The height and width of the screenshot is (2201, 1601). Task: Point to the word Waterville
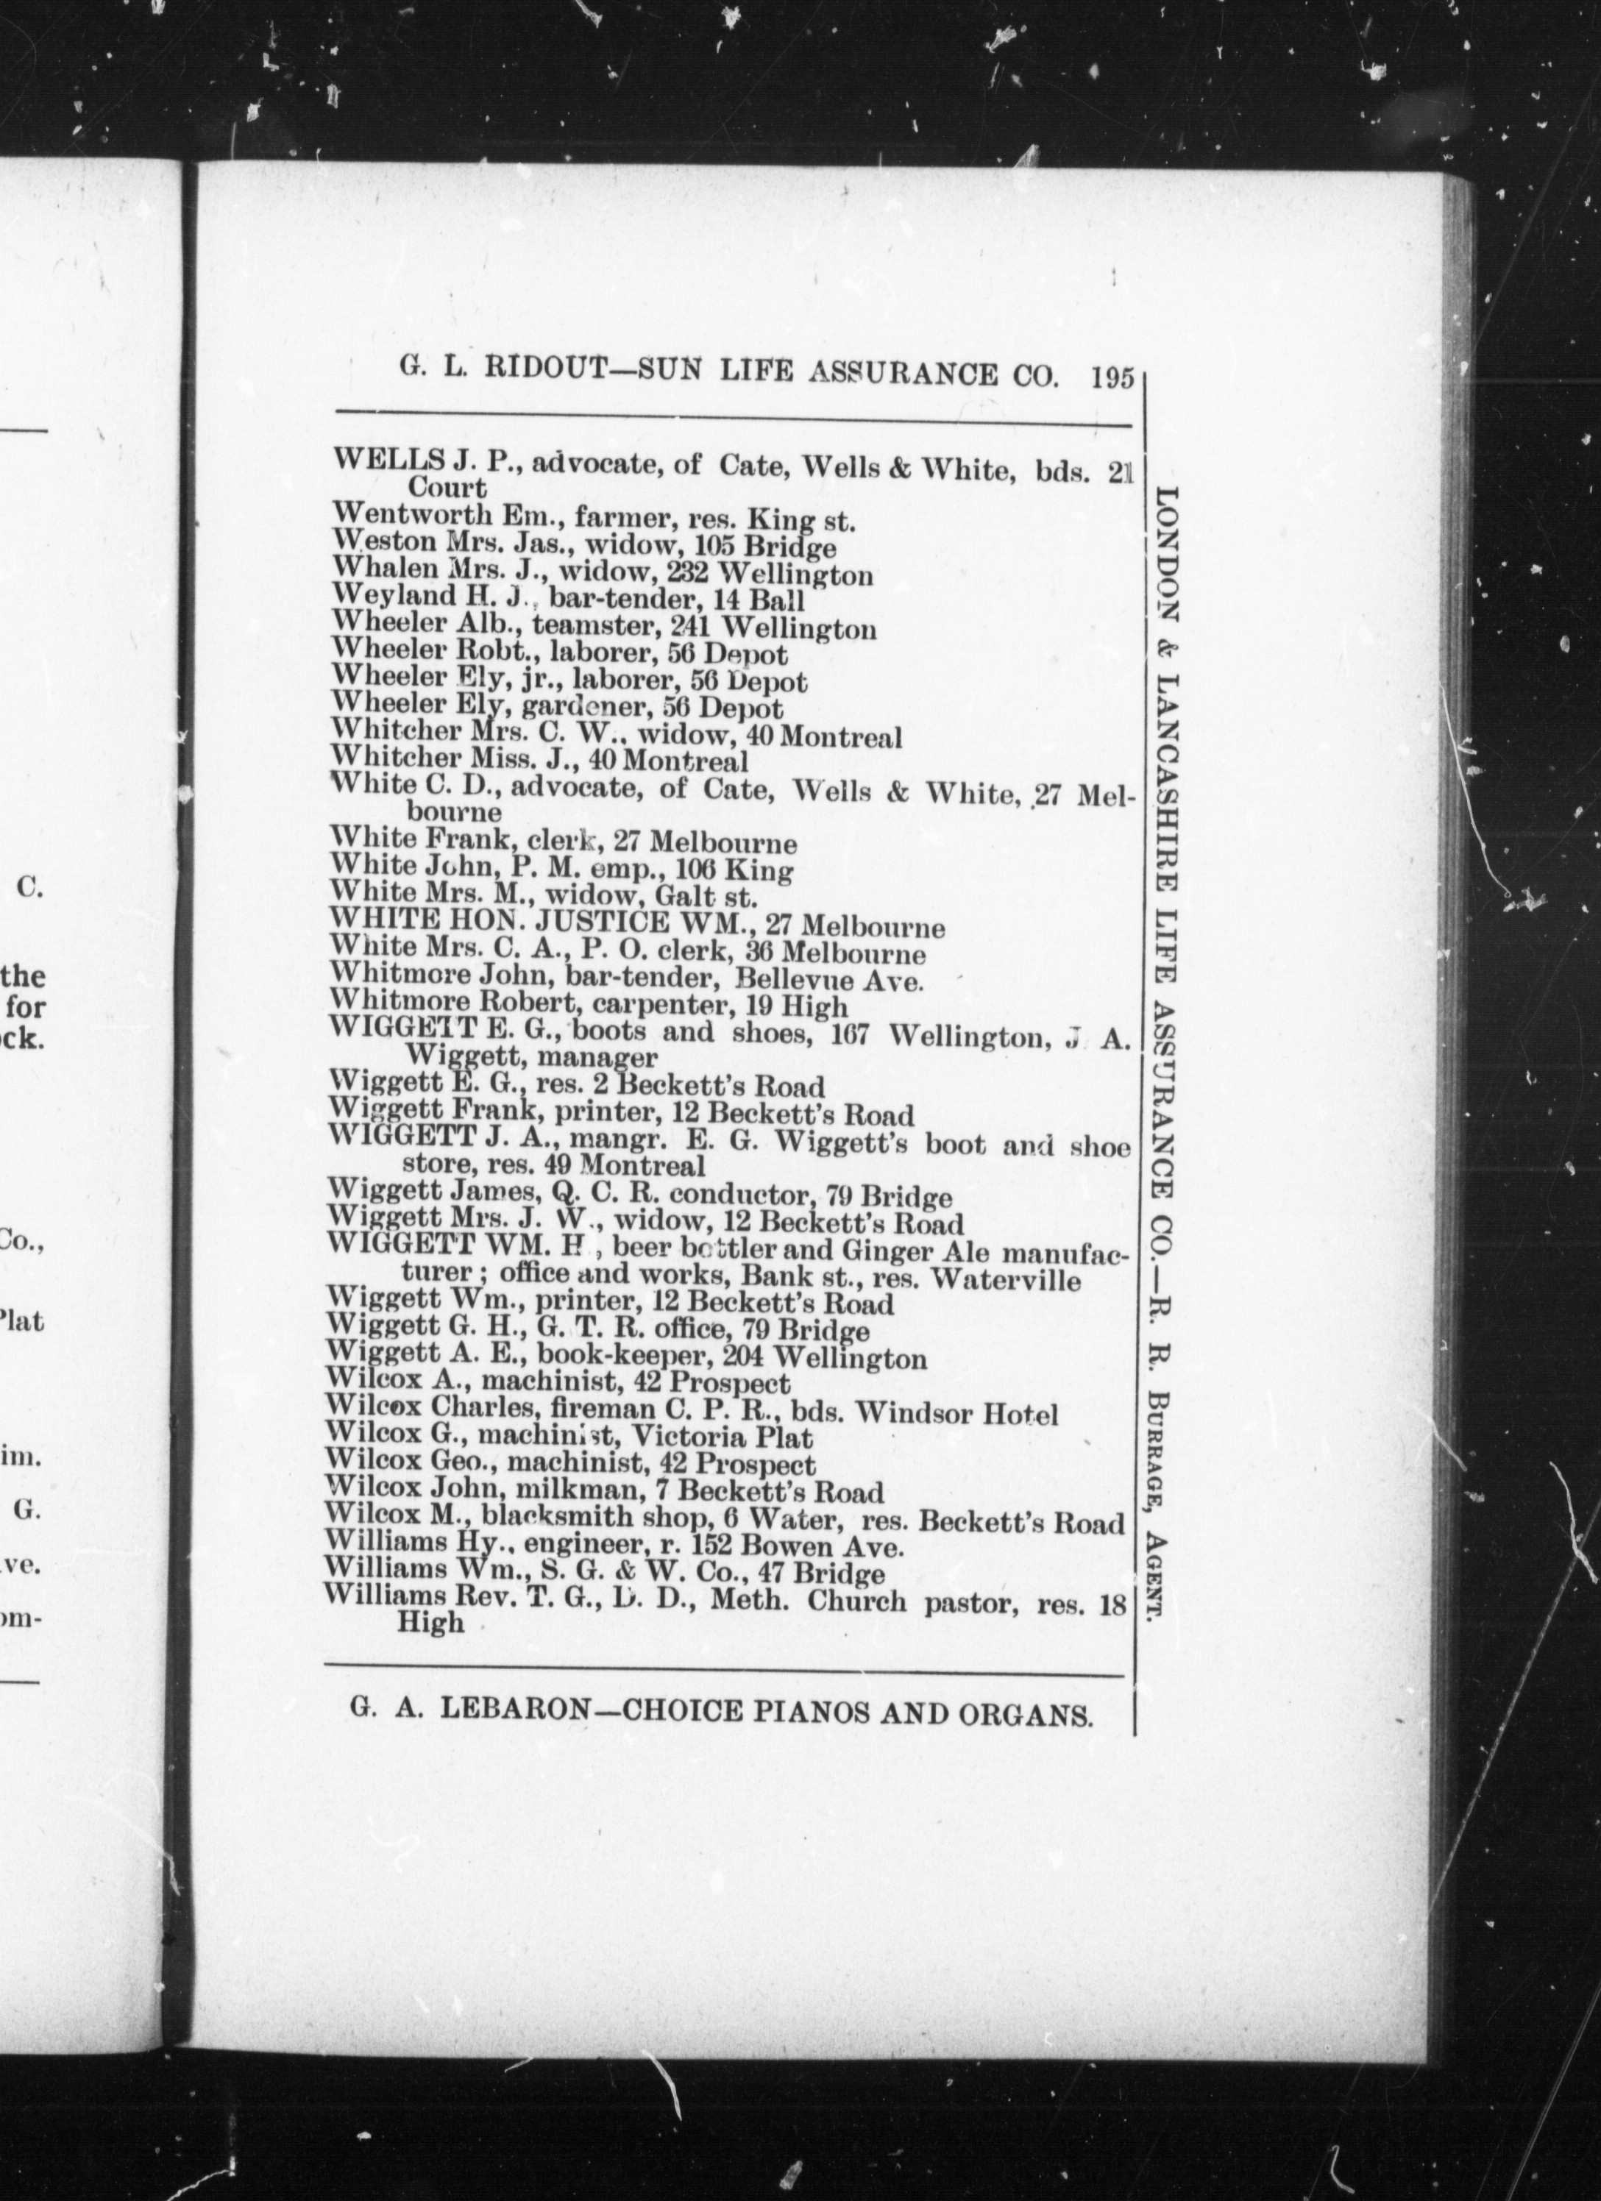click(x=1007, y=1279)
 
